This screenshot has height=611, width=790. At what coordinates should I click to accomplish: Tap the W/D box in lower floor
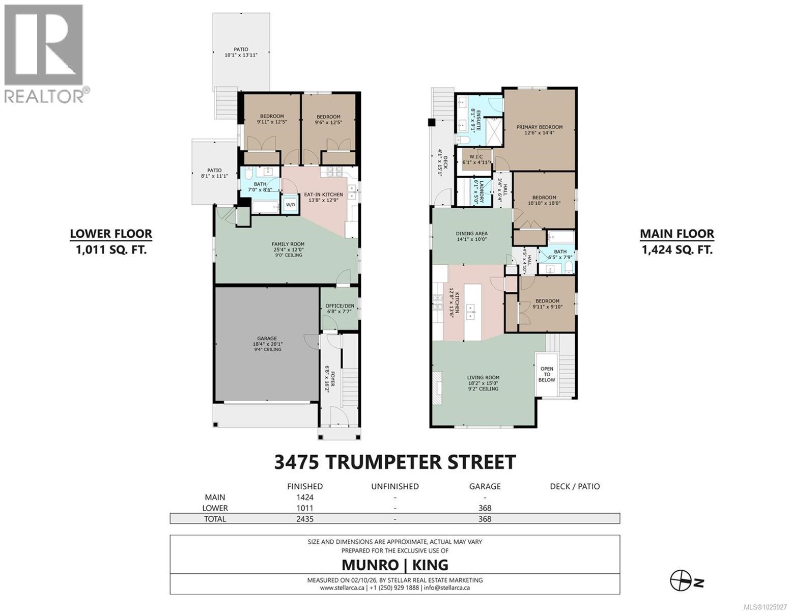[x=290, y=205]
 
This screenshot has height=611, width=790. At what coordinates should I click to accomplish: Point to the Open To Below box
[x=547, y=374]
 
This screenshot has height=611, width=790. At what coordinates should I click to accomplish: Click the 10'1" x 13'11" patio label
[x=241, y=52]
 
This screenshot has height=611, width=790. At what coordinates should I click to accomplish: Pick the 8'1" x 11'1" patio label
[x=214, y=173]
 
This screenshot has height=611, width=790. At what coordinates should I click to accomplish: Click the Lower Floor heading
[x=110, y=234]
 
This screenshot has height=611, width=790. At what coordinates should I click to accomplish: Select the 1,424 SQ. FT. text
[x=676, y=249]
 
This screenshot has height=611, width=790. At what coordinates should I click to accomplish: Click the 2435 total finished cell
[x=305, y=519]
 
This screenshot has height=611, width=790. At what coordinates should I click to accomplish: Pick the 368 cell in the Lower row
[x=485, y=508]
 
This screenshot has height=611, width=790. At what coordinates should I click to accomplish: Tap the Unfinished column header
[x=394, y=486]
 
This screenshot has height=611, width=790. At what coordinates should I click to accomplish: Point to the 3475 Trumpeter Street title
[x=394, y=462]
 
